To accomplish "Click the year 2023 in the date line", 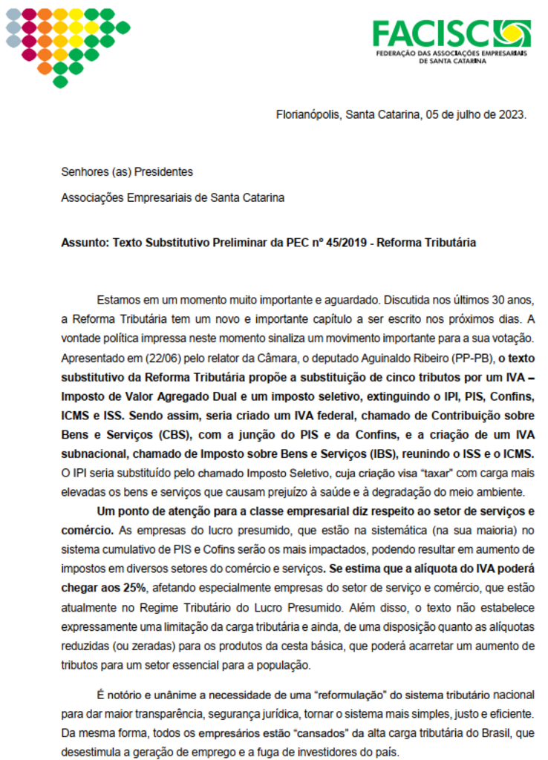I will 512,115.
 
